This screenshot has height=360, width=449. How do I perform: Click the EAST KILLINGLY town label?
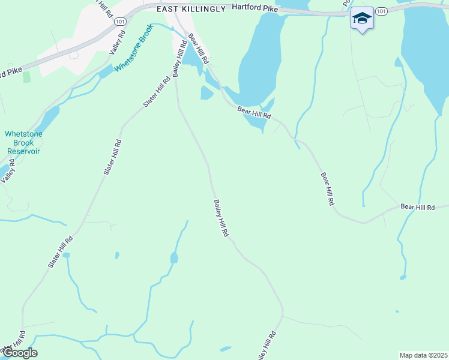point(190,10)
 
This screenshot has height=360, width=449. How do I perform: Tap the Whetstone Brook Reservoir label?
point(23,143)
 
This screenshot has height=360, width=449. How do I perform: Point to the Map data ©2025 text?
point(423,355)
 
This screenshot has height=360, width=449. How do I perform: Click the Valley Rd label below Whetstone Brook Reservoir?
point(7,171)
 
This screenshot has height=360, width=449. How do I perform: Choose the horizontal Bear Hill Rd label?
point(417,207)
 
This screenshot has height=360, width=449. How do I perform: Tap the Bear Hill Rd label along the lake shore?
point(254,112)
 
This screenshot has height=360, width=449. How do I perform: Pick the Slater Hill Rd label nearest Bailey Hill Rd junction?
point(154,92)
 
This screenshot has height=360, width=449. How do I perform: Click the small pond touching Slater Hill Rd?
point(66,255)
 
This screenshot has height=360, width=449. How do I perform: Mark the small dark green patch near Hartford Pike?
point(26,77)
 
